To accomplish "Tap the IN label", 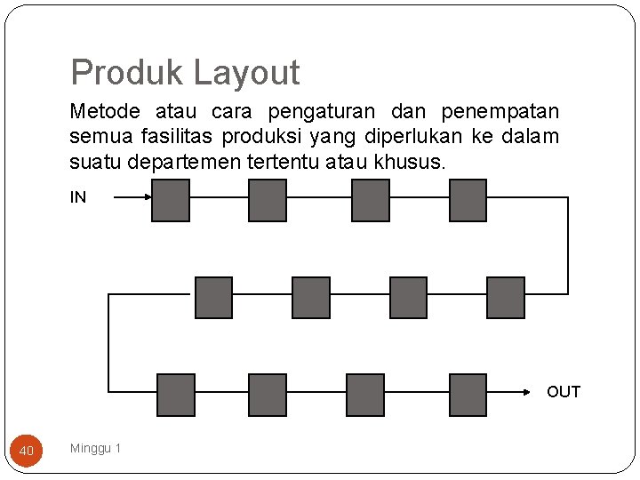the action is point(78,197).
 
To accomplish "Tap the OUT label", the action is point(564,392).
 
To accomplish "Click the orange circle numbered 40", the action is point(27,451).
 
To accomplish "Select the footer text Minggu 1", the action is point(96,448).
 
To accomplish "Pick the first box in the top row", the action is point(171,200).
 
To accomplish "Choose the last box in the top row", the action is point(468,200).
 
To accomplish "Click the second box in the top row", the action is point(267,200).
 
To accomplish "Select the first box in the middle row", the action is point(213,298).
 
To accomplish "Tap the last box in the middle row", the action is point(506,298).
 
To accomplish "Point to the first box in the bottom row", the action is point(175,395).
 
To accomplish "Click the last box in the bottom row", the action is point(468,395).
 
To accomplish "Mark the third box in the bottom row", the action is point(365,395).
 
